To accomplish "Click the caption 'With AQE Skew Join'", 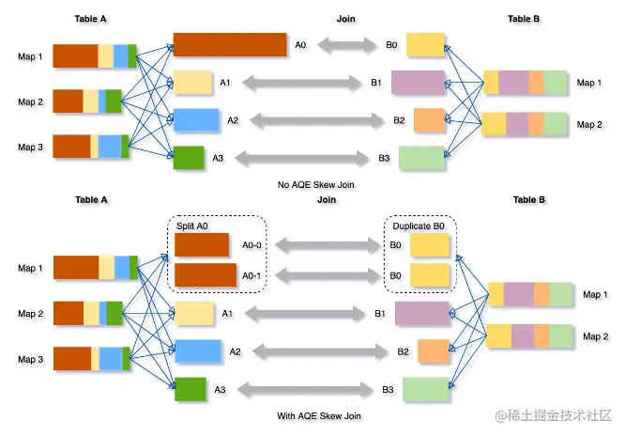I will pos(317,415).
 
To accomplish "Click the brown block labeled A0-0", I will pos(202,245).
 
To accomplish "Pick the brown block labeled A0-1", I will pos(206,274).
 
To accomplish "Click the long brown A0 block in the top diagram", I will pos(229,44).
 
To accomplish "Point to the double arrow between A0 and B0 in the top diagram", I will pos(347,44).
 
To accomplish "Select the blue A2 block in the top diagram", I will pos(196,120).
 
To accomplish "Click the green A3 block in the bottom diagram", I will pos(190,389).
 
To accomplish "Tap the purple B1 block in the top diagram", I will pos(417,83).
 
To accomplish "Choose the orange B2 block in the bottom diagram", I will pos(432,351).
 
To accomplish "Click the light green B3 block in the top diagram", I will pos(421,158).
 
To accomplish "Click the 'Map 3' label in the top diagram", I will pos(30,147).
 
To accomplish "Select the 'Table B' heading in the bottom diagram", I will pos(528,200).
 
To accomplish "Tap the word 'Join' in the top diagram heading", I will pos(346,19).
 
